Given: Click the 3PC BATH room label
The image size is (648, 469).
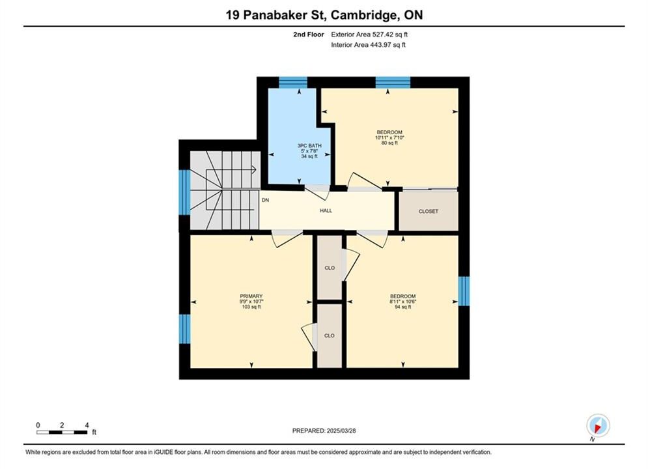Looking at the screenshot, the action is tap(309, 145).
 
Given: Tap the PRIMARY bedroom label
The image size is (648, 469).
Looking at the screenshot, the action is tap(251, 296).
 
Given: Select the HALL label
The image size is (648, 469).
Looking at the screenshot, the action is tap(326, 211).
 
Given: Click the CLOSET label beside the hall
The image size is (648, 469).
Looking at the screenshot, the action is tap(428, 211).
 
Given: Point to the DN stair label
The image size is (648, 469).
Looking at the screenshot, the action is tap(265, 200).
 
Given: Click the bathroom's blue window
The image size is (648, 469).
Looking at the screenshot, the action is tap(293, 82).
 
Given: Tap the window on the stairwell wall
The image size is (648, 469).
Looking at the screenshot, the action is tap(184, 192).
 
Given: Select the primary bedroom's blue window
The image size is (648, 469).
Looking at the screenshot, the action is tap(184, 329).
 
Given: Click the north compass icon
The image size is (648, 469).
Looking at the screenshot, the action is tap(598, 425).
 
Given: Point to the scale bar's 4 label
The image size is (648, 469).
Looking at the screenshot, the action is tap(87, 425).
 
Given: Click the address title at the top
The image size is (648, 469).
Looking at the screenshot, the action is tap(324, 15).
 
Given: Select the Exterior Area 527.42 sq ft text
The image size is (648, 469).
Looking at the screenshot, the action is tap(369, 35).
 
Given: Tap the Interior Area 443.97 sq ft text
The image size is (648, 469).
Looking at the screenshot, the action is tap(368, 45).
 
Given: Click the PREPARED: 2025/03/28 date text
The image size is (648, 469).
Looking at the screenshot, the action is tap(324, 431).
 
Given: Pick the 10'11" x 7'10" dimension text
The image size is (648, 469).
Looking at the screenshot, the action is tap(389, 137).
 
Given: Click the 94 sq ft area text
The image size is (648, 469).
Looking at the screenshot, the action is tap(403, 307).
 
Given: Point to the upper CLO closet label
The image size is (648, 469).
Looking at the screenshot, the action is tap(330, 268).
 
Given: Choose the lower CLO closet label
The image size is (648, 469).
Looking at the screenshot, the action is tap(330, 335).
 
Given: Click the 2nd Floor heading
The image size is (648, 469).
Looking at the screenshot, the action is tap(309, 35).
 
